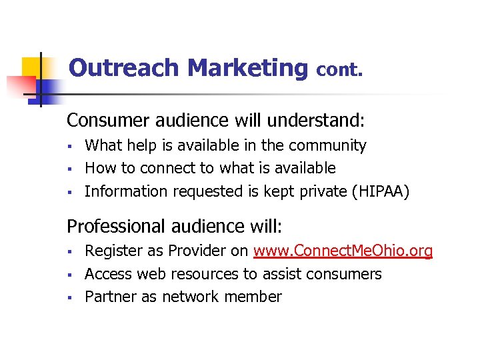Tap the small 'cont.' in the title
coord(339,69)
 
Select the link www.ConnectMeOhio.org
coord(343,251)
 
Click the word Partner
coord(111,297)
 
